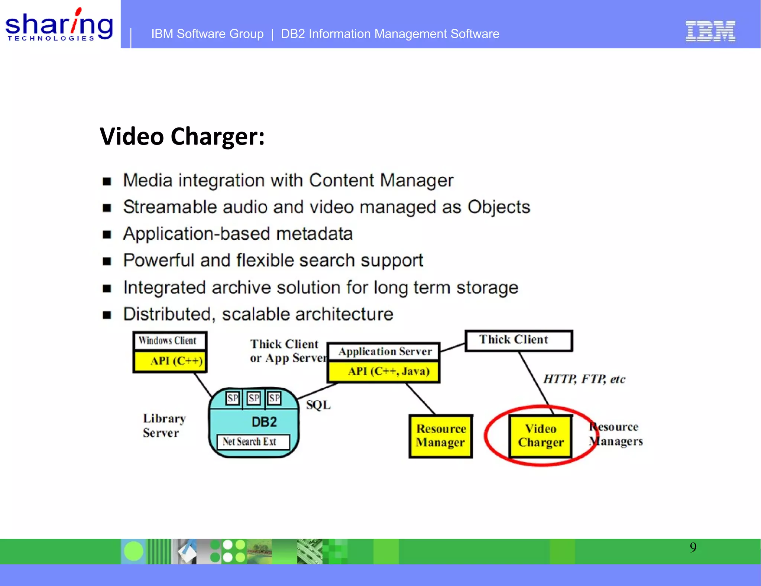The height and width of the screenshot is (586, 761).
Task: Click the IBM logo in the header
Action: pyautogui.click(x=710, y=31)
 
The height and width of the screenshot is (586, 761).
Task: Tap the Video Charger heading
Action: pyautogui.click(x=182, y=136)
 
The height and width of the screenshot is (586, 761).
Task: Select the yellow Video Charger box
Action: pyautogui.click(x=541, y=436)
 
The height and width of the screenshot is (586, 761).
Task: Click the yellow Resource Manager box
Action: pyautogui.click(x=440, y=436)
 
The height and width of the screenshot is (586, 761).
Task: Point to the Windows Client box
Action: pyautogui.click(x=169, y=340)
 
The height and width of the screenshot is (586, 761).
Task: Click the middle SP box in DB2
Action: pyautogui.click(x=254, y=398)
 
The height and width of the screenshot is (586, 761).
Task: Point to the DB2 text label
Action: pyautogui.click(x=264, y=422)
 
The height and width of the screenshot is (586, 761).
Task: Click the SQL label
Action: pyautogui.click(x=318, y=405)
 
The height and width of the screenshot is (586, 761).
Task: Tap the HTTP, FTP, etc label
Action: pyautogui.click(x=584, y=379)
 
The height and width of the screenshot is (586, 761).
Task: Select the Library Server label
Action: pyautogui.click(x=163, y=426)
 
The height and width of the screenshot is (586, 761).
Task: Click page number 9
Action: pyautogui.click(x=693, y=547)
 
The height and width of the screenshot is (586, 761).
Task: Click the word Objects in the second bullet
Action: pyautogui.click(x=499, y=207)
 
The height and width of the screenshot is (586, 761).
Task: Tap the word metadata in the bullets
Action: pyautogui.click(x=314, y=234)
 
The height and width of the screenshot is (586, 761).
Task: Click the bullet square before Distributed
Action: pyautogui.click(x=107, y=315)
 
